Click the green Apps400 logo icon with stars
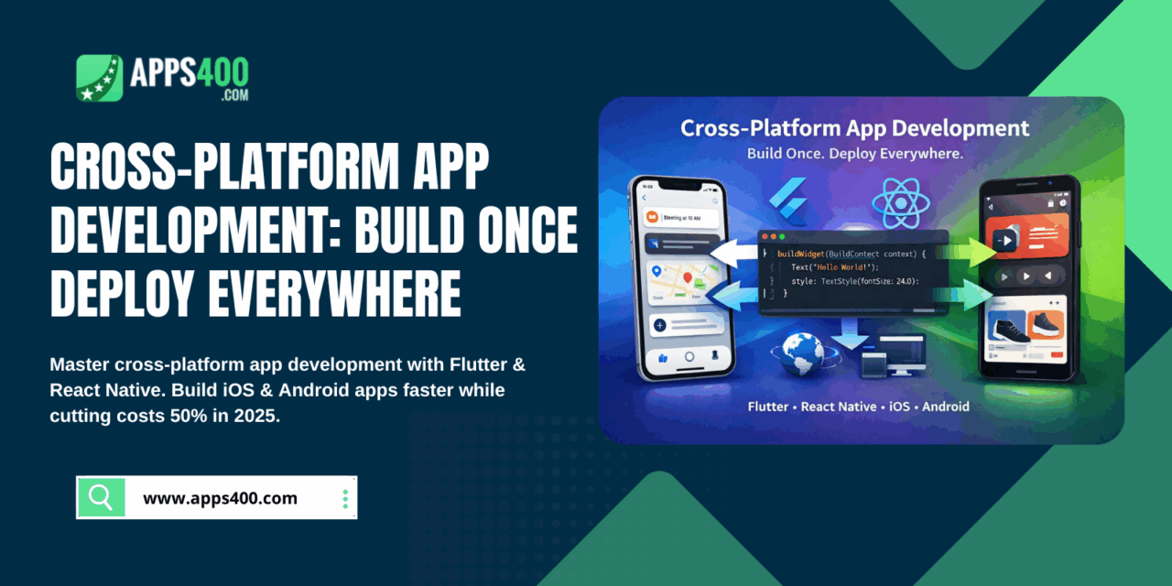[99, 78]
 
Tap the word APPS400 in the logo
[189, 71]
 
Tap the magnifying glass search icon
[101, 497]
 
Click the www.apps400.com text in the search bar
[220, 498]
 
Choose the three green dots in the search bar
[345, 499]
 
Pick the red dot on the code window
[768, 237]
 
